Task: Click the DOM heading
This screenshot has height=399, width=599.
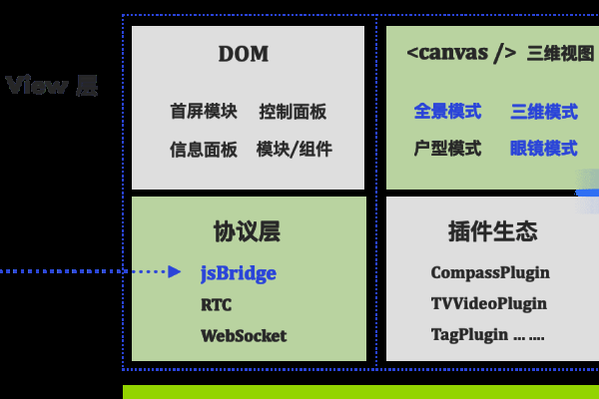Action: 244,55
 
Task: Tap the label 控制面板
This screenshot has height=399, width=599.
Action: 293,112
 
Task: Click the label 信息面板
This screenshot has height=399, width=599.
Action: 204,150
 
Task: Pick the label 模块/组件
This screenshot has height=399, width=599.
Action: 294,150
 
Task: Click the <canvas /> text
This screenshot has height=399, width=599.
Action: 461,54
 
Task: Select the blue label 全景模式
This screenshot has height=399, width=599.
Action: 447,111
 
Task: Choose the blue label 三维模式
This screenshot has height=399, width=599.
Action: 543,111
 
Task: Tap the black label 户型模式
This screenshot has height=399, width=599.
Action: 447,149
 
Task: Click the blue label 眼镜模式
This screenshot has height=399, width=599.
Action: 543,149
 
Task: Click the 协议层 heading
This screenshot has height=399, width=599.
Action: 247,232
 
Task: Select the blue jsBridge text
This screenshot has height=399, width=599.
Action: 238,272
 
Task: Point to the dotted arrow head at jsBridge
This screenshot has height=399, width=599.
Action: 175,271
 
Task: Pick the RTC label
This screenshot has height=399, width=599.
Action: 217,304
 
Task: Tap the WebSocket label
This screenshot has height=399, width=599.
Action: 244,335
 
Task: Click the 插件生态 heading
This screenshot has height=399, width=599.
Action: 493,232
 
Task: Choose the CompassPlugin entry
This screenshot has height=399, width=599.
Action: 490,272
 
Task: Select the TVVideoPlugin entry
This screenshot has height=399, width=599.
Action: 489,304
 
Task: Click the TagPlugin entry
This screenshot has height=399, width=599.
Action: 469,335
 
